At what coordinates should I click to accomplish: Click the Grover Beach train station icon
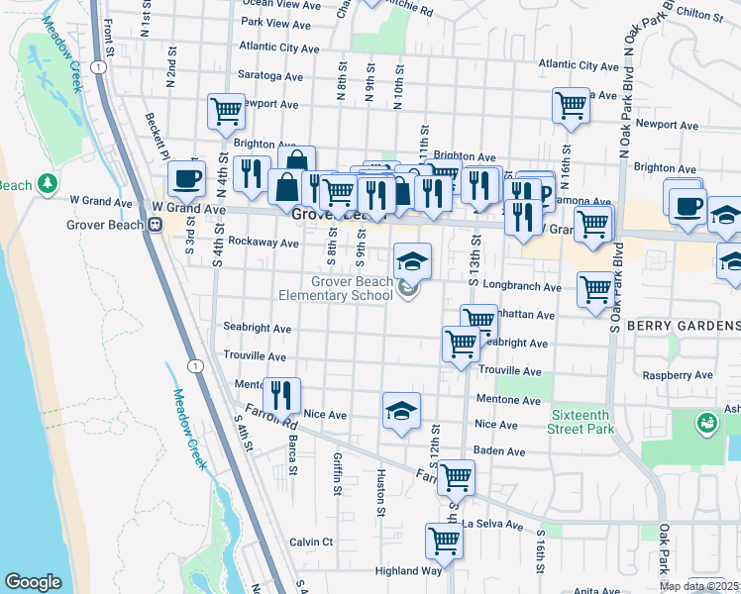pyautogui.click(x=155, y=225)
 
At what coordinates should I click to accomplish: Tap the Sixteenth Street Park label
pyautogui.click(x=581, y=421)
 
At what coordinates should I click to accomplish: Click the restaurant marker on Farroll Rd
pyautogui.click(x=281, y=394)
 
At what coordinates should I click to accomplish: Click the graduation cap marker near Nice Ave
pyautogui.click(x=401, y=411)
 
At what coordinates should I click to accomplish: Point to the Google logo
pyautogui.click(x=33, y=582)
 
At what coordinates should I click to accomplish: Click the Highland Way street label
pyautogui.click(x=408, y=571)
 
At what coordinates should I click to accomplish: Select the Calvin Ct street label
pyautogui.click(x=311, y=542)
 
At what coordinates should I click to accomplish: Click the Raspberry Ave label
pyautogui.click(x=678, y=376)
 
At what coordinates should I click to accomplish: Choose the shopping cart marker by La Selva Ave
pyautogui.click(x=444, y=541)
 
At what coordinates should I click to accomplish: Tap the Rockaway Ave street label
pyautogui.click(x=263, y=243)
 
